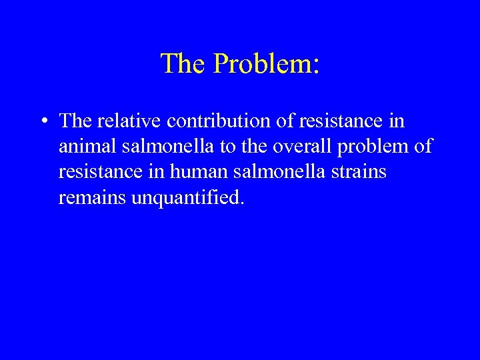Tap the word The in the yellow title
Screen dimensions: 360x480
pos(183,64)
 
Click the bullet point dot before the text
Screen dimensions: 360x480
pos(43,122)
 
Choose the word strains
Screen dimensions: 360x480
pos(361,172)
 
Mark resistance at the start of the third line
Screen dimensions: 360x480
pos(98,172)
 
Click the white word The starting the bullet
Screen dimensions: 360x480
pos(75,121)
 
